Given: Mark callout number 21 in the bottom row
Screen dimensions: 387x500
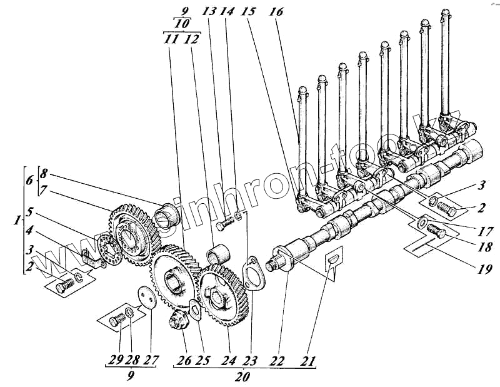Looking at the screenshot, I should coord(307,361).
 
